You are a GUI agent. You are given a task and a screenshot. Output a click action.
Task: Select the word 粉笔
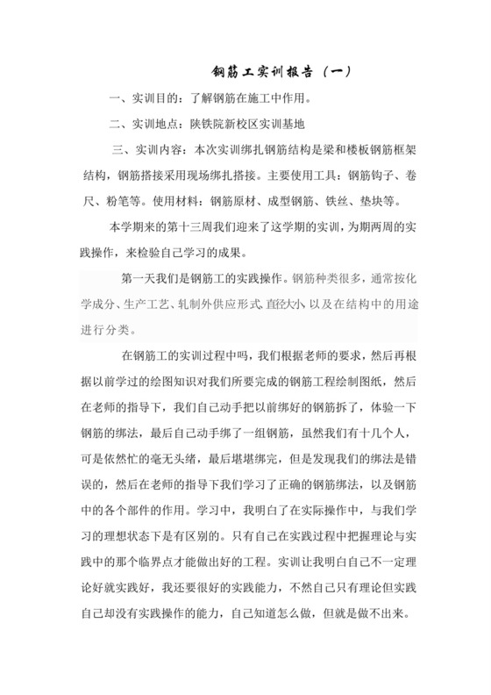pyautogui.click(x=120, y=200)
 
